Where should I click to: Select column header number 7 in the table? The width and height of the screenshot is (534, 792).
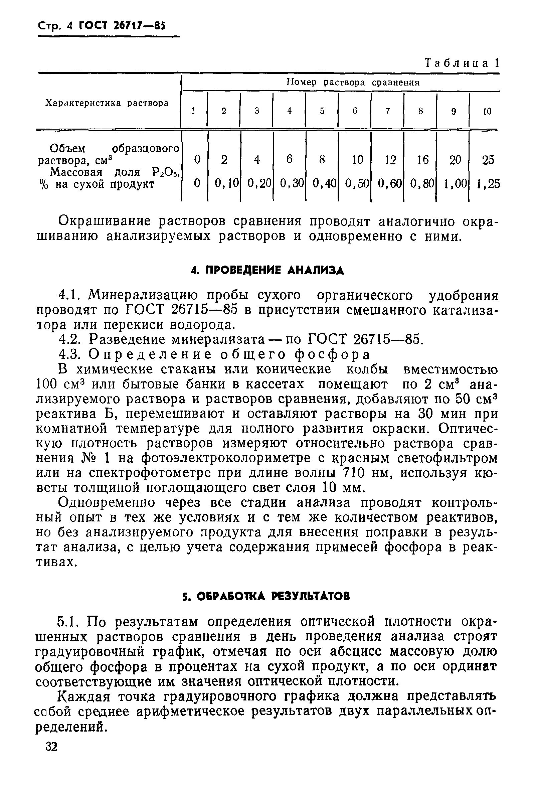pos(387,111)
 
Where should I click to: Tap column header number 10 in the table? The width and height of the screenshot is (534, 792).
pos(487,111)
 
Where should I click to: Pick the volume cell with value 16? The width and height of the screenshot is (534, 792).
pos(423,160)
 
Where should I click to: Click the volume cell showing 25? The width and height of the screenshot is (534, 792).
pos(488,160)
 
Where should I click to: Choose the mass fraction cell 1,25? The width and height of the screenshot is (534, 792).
pos(488,184)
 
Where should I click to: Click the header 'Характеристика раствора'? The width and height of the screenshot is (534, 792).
pos(107,103)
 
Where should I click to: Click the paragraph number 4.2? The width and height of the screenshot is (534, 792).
pos(70,339)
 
